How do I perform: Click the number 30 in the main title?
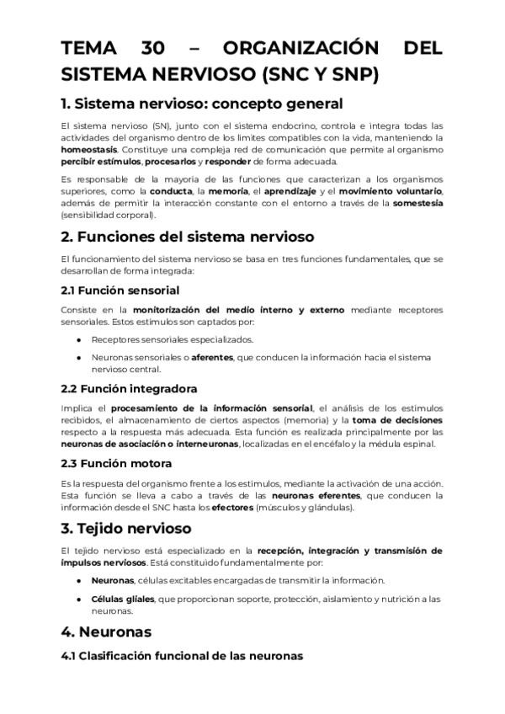click(x=154, y=49)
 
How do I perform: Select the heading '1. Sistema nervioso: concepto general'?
click(x=202, y=104)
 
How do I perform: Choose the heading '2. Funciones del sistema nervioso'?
click(x=187, y=236)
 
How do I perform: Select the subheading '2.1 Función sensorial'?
click(x=120, y=290)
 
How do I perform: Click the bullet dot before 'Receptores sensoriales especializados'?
click(x=78, y=340)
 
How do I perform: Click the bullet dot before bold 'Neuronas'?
click(x=78, y=581)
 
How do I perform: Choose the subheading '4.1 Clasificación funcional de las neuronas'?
click(x=181, y=654)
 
